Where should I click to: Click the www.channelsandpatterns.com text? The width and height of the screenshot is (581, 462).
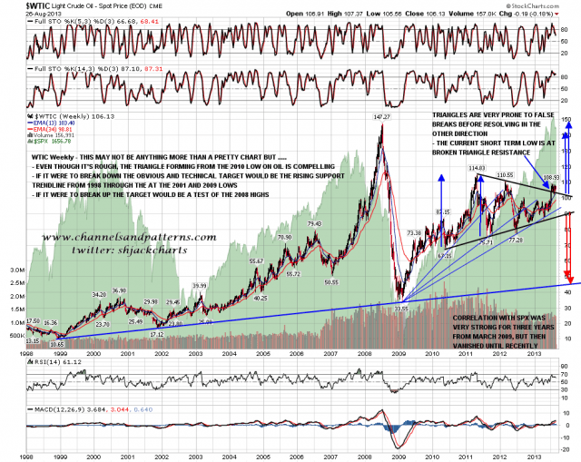[126, 238]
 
